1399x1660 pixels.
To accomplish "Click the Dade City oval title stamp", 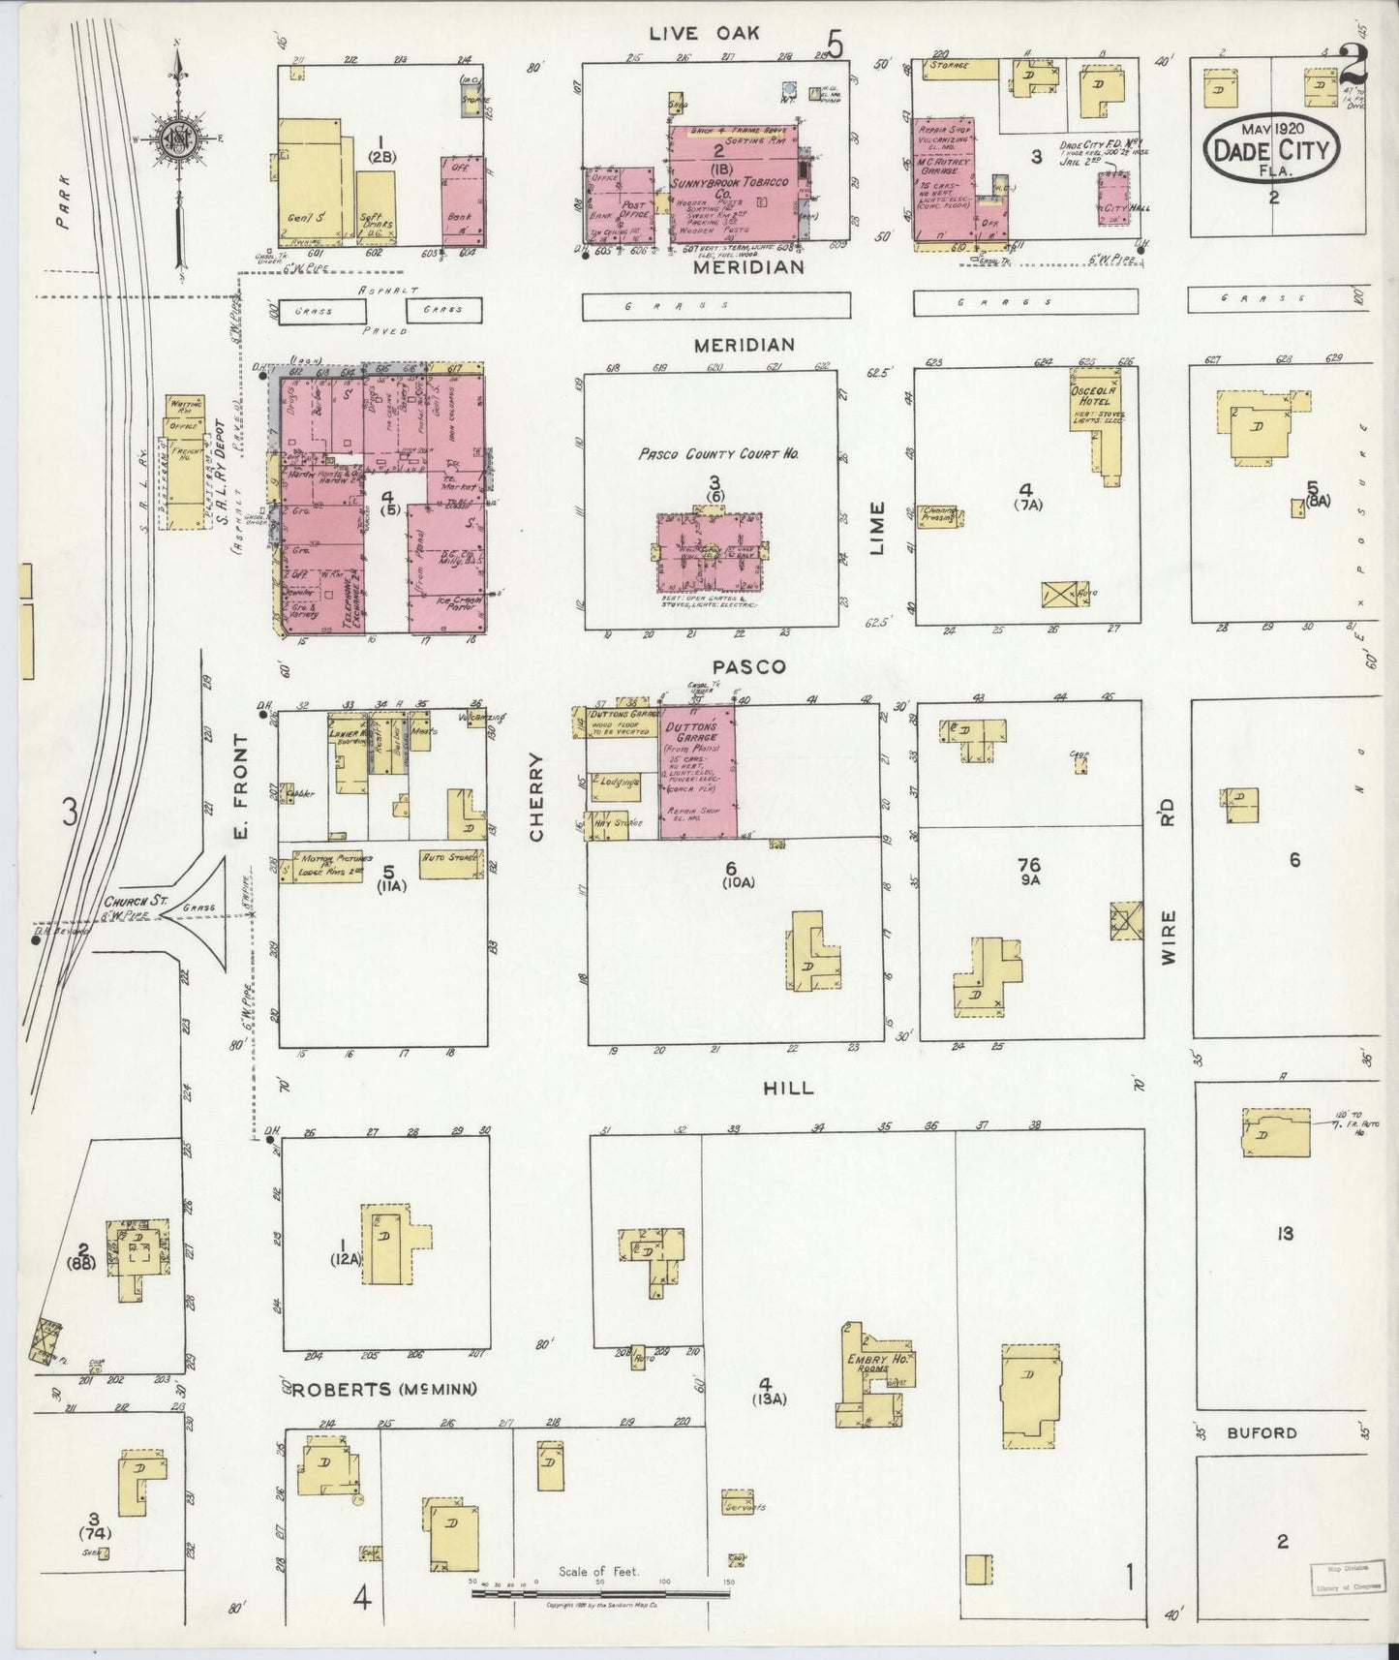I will pyautogui.click(x=1271, y=149).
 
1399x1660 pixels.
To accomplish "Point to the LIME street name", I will pyautogui.click(x=877, y=527).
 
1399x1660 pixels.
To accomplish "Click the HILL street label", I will pyautogui.click(x=788, y=1088).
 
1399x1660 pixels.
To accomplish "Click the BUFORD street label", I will pyautogui.click(x=1262, y=1432).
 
